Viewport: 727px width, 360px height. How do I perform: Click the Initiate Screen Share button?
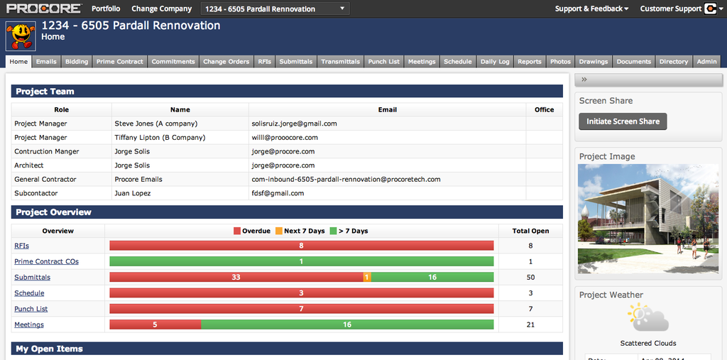623,121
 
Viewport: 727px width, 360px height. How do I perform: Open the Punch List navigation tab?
383,62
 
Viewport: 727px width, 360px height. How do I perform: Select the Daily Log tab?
495,62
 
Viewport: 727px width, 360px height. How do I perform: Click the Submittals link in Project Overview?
32,278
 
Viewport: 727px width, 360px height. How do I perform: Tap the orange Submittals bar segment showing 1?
367,278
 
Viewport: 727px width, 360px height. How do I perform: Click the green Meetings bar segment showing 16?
347,324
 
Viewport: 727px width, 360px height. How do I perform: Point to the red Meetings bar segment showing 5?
155,324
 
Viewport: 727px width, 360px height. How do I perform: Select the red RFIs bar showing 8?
301,246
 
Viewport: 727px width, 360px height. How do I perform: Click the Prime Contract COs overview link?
46,262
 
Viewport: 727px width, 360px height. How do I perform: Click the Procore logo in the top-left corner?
43,9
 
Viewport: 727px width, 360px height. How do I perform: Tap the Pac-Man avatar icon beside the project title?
21,35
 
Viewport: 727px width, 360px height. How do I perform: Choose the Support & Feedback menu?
591,9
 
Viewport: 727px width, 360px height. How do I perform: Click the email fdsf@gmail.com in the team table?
278,193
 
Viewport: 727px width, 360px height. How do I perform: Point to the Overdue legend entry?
252,231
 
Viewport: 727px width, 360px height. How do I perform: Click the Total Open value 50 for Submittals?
530,278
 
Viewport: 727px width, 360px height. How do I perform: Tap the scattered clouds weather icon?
647,317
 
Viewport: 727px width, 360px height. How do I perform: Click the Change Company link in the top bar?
161,9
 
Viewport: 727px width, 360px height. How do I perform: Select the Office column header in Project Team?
544,110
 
